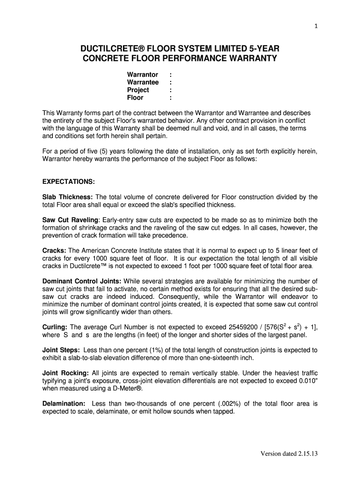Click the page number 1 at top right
point(317,26)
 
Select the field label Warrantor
point(143,75)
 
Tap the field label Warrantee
point(143,82)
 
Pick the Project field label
point(138,90)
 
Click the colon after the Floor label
point(171,98)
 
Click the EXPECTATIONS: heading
point(69,181)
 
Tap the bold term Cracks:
point(54,250)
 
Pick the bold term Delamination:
point(64,403)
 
